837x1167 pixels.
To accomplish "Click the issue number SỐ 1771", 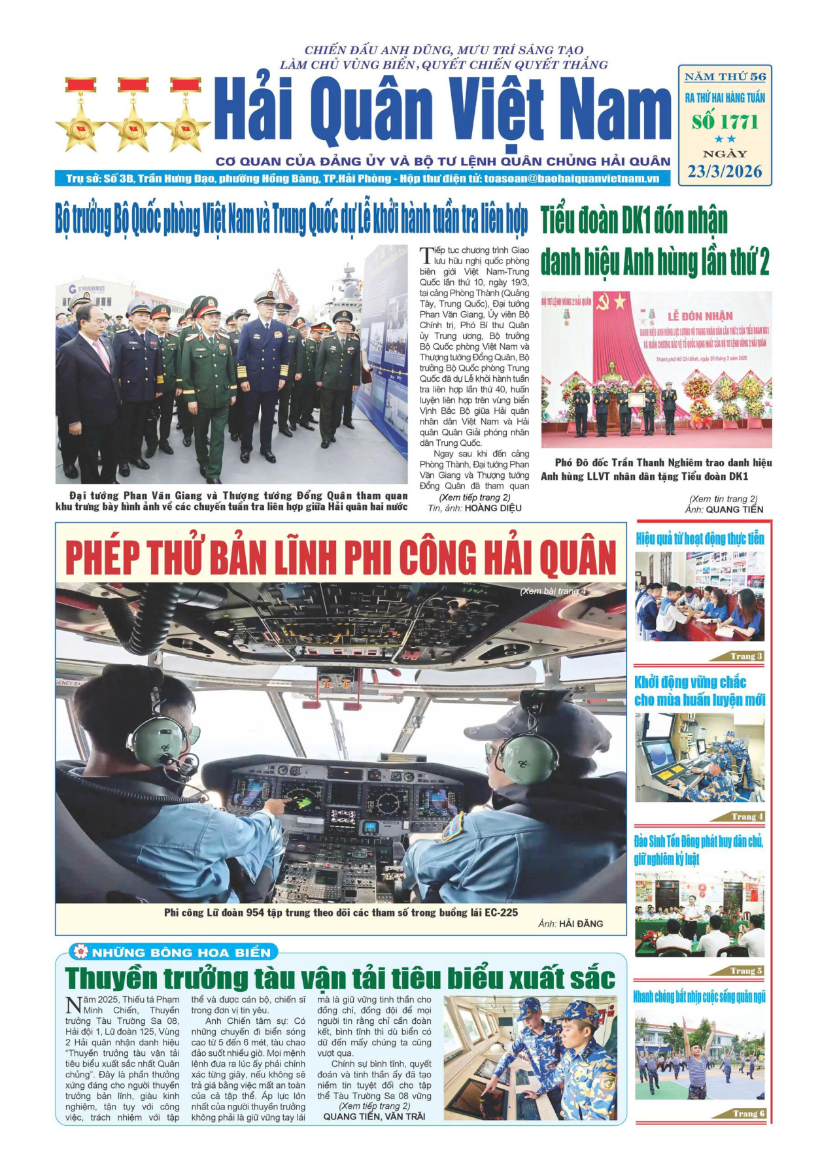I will [725, 122].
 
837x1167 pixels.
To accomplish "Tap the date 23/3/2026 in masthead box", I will [725, 171].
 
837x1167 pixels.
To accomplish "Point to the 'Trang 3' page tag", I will [746, 656].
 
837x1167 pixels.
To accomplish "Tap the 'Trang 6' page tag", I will [747, 1113].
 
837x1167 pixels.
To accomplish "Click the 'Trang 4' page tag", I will [747, 816].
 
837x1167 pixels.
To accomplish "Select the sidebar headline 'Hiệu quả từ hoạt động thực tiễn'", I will [700, 539].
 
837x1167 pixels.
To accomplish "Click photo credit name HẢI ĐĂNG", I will [581, 924].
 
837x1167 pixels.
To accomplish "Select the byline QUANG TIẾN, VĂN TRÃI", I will [374, 1117].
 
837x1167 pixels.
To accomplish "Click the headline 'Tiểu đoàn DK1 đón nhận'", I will [634, 221].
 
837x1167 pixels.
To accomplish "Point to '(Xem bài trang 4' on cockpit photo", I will [553, 591].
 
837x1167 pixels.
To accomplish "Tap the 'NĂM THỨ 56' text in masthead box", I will [725, 77].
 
